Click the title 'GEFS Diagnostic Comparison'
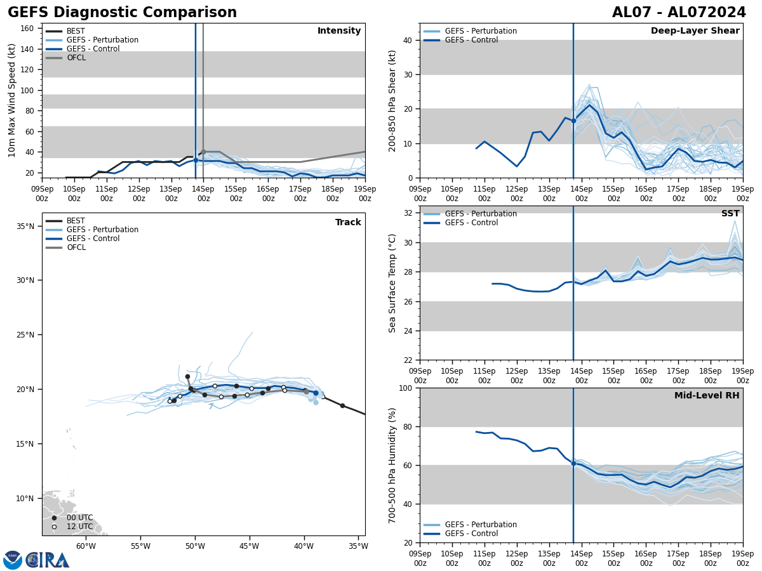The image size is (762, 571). tap(122, 13)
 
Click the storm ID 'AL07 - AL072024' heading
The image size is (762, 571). tap(679, 13)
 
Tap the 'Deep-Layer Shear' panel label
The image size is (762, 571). tap(695, 31)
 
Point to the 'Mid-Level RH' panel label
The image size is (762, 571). tap(706, 396)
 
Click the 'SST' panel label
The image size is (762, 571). tap(730, 214)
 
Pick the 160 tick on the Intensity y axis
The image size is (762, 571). tap(27, 29)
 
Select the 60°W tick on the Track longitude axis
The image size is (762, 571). tap(86, 546)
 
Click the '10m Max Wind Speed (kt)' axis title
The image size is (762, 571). tap(12, 100)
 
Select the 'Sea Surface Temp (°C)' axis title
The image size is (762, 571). tap(392, 283)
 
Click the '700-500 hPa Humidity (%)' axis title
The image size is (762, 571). tap(392, 465)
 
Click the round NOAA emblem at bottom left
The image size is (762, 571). tap(13, 560)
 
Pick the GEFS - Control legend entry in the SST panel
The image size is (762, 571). tap(471, 223)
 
